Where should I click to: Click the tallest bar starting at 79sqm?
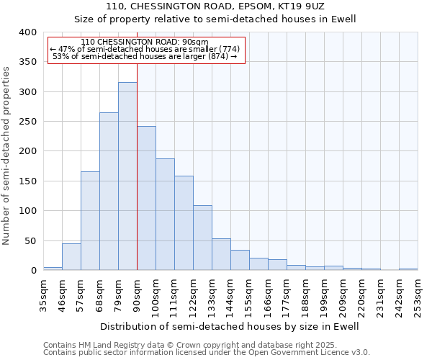127,176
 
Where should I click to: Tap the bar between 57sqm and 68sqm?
90,221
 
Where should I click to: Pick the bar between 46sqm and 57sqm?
71,257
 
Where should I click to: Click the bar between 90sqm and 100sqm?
146,199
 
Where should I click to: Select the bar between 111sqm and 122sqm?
184,223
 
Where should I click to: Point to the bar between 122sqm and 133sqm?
202,238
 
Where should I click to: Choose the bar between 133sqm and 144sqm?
221,255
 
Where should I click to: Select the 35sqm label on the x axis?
43,294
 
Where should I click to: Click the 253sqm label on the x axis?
418,294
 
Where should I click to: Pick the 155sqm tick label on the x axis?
249,294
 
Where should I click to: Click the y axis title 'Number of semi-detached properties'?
7,155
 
